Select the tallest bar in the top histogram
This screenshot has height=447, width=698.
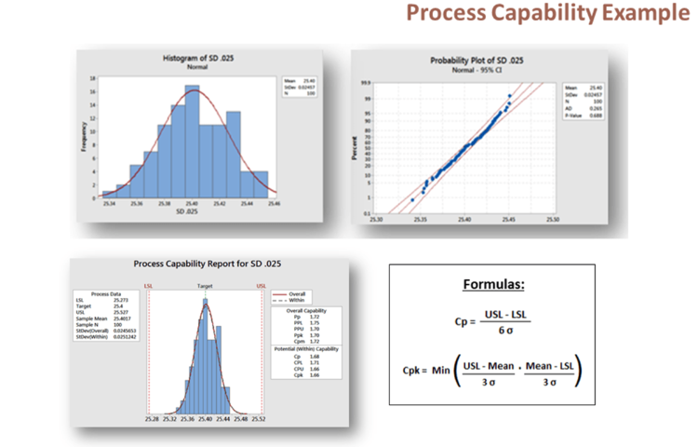point(192,140)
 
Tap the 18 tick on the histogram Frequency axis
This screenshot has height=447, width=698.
point(95,80)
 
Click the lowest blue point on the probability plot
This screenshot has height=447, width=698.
point(413,199)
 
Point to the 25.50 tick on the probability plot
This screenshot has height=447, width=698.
point(554,220)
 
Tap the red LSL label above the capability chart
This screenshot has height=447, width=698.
point(149,285)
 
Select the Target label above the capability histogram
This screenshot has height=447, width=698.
point(205,285)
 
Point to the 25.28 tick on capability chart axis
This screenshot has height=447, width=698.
point(152,419)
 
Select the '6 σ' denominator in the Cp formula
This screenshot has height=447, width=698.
point(503,331)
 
